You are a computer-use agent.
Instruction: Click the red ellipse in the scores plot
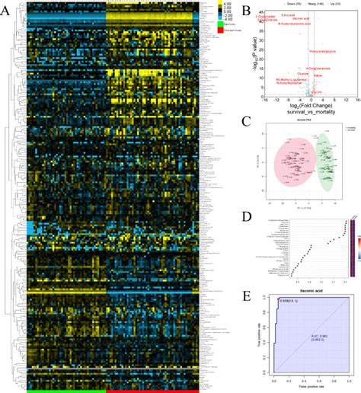pos(288,162)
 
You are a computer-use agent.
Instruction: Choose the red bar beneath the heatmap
pos(152,390)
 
